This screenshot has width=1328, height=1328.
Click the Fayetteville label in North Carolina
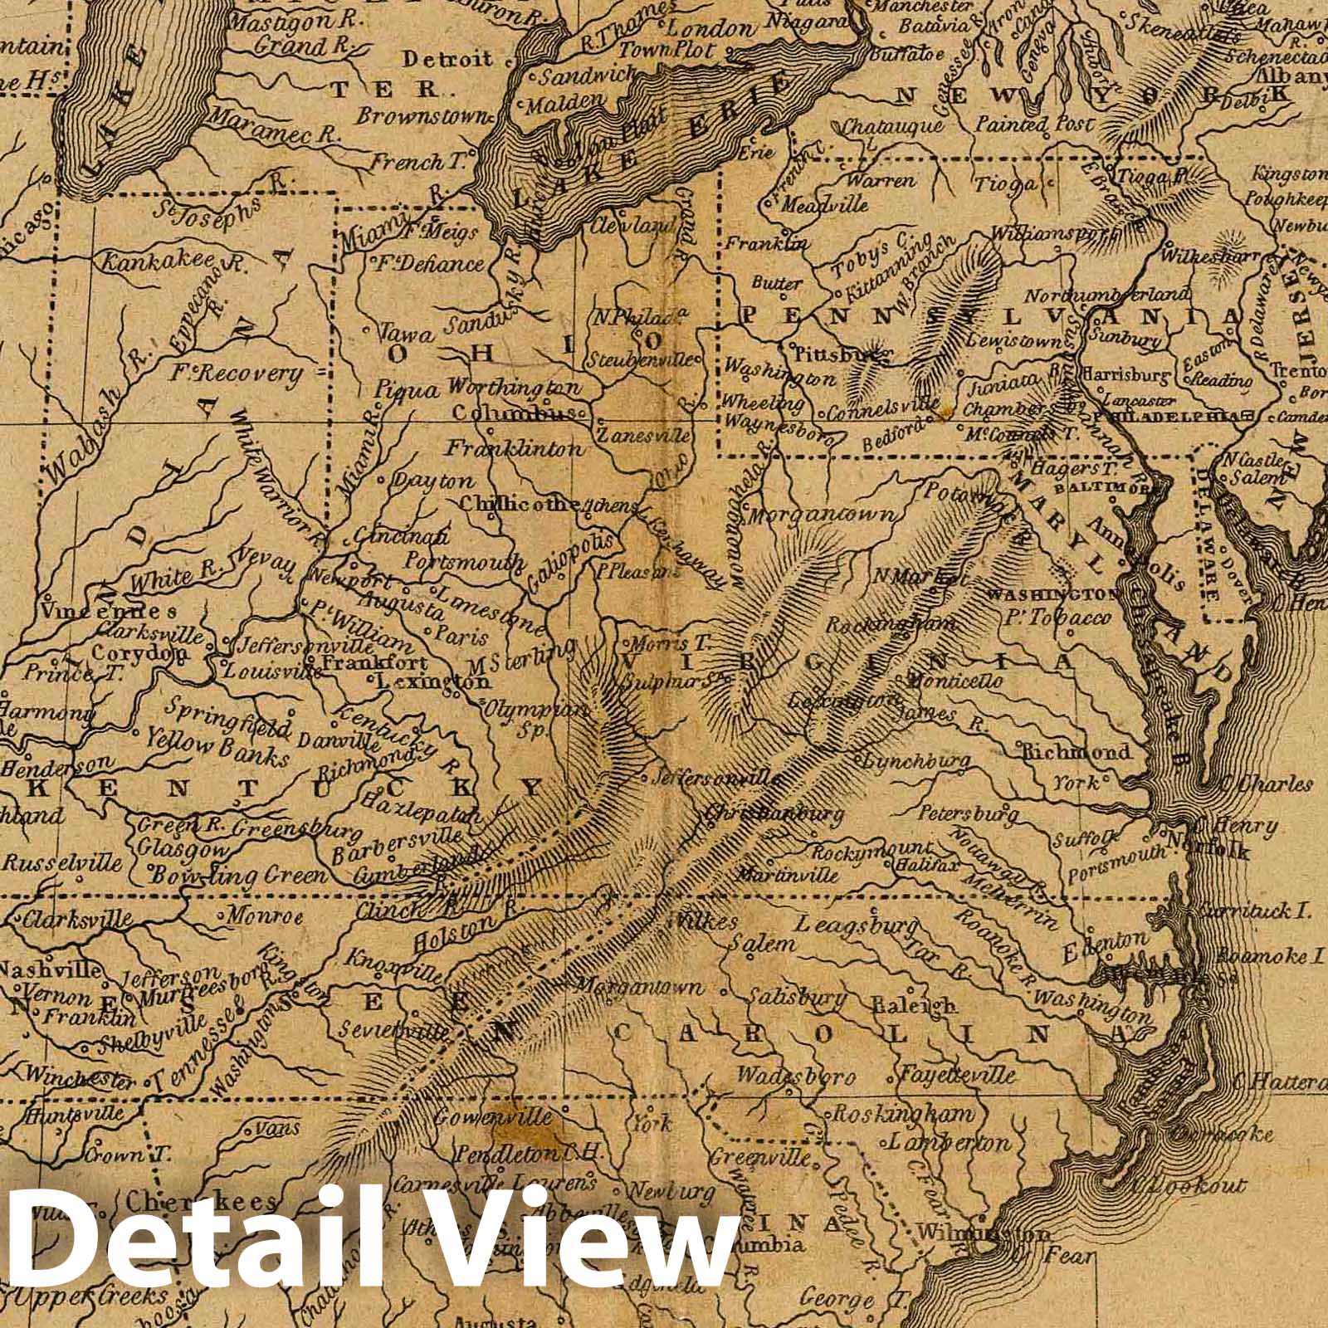pos(958,1075)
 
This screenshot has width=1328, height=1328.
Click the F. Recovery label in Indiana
pos(235,375)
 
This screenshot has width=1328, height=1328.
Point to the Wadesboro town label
pos(796,1077)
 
